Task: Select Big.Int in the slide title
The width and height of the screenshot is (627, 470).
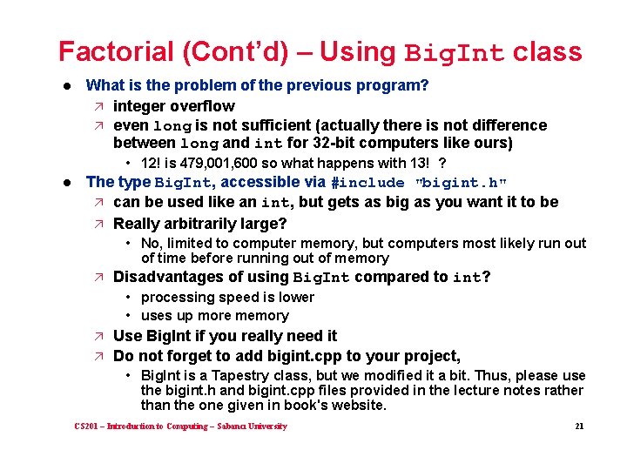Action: coord(455,53)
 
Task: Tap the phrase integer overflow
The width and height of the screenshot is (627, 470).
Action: coord(174,106)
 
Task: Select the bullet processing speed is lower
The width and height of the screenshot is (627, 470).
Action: coord(227,297)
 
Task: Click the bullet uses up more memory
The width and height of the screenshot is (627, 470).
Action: coord(214,316)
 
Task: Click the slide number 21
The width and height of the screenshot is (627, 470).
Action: coord(578,426)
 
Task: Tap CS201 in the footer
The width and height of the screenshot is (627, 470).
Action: coord(85,426)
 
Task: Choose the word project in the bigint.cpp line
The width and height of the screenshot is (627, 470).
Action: coord(431,355)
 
